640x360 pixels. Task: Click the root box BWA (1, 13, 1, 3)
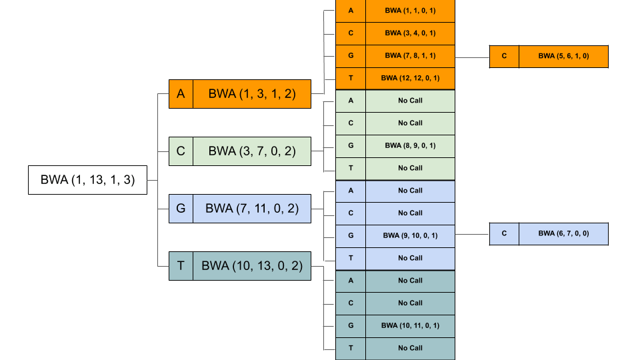point(87,180)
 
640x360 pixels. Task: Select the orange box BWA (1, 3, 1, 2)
point(251,94)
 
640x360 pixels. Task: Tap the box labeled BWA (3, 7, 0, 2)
point(251,151)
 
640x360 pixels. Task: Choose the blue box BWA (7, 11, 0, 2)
point(251,209)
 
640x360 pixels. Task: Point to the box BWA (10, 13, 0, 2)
point(251,266)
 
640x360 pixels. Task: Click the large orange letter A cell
point(181,94)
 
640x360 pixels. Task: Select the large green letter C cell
point(181,151)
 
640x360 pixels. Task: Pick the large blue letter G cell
point(181,209)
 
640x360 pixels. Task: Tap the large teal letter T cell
point(181,266)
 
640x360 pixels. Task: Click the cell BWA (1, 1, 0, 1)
point(410,11)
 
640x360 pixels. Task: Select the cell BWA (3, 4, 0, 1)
point(410,33)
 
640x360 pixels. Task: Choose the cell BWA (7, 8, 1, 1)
point(410,56)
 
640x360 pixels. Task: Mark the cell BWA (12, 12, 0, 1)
point(410,78)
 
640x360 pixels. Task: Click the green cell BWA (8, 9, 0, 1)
point(410,145)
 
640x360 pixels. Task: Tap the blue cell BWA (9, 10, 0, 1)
point(410,235)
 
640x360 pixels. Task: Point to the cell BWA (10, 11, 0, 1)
point(410,325)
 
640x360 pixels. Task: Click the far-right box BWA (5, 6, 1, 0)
point(563,57)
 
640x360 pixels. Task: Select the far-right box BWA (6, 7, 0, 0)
point(563,234)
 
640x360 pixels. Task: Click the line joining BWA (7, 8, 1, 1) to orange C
point(472,57)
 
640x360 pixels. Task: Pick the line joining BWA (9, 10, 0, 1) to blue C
point(472,234)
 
